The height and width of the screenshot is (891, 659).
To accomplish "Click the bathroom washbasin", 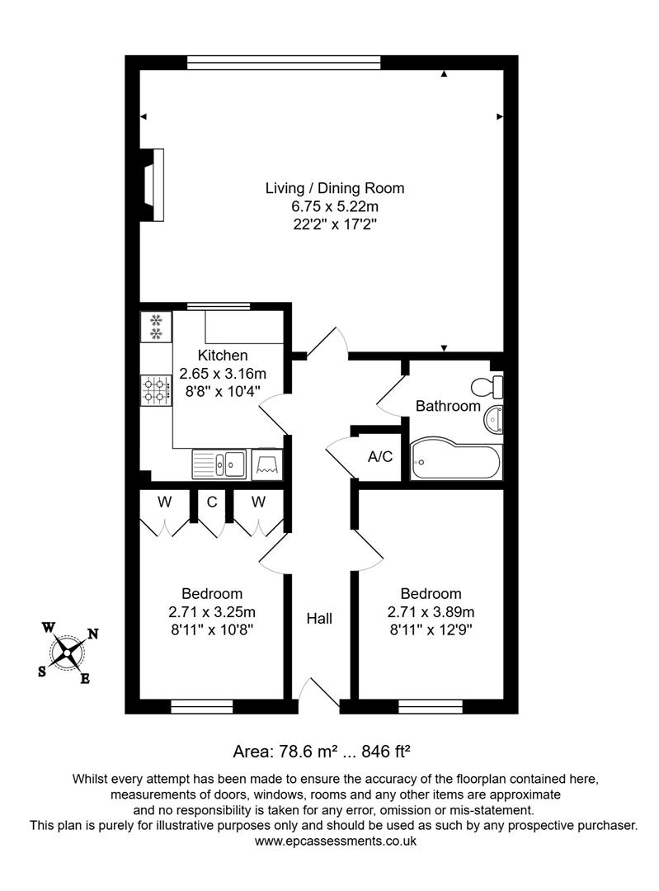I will tap(493, 419).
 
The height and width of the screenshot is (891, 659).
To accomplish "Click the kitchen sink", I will tap(219, 464).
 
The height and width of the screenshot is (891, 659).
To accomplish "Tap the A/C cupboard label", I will tap(379, 457).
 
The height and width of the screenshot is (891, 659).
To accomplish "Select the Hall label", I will tap(319, 618).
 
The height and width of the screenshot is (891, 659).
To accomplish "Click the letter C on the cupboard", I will tap(212, 502).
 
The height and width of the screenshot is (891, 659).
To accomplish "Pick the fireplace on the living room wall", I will tap(153, 184).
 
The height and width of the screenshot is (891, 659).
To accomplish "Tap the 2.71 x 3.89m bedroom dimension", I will tap(431, 612).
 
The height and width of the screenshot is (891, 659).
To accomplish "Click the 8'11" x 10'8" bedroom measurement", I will tap(212, 630).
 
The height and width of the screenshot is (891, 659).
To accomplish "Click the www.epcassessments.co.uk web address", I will tap(335, 841).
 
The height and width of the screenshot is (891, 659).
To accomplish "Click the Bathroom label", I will tap(447, 406).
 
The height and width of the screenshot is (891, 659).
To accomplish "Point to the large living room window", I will tap(284, 62).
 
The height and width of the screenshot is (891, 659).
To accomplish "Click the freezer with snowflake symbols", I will tap(155, 326).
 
